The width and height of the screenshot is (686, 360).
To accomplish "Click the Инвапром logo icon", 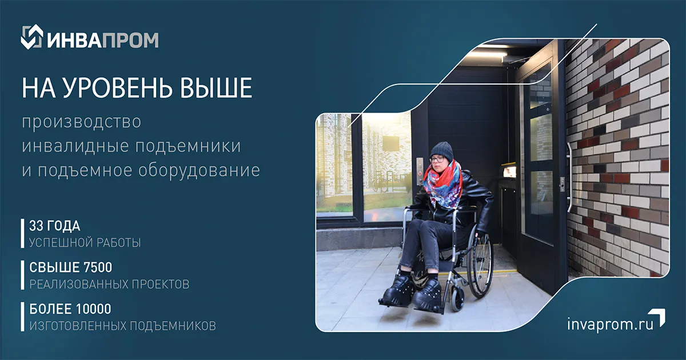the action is pyautogui.click(x=32, y=37).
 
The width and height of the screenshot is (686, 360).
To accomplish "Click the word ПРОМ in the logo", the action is pyautogui.click(x=130, y=40).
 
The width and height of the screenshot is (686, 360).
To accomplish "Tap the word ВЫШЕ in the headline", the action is pyautogui.click(x=216, y=88).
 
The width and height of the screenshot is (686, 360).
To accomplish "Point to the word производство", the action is pyautogui.click(x=81, y=122).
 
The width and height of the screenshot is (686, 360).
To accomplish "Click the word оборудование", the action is pyautogui.click(x=199, y=170).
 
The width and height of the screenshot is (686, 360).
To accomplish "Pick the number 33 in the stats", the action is pyautogui.click(x=35, y=226).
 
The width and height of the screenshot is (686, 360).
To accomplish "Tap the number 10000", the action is pyautogui.click(x=93, y=309).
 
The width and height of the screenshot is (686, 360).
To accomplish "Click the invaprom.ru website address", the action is pyautogui.click(x=611, y=324).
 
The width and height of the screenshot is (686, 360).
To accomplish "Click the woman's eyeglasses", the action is pyautogui.click(x=438, y=159).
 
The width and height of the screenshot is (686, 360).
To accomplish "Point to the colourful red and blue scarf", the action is pyautogui.click(x=443, y=183).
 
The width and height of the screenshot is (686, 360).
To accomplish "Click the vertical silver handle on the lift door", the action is pyautogui.click(x=569, y=177).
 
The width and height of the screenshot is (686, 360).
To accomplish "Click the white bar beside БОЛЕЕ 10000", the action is pyautogui.click(x=22, y=317).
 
